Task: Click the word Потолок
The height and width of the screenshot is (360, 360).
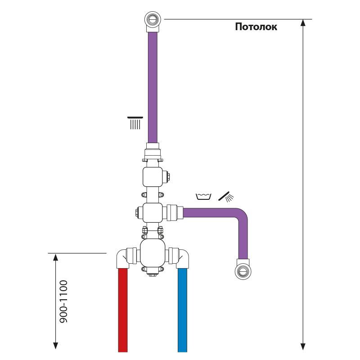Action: click(x=256, y=27)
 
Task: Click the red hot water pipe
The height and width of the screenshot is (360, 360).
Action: click(x=124, y=310)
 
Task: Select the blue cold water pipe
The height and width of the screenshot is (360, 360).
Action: click(x=182, y=310)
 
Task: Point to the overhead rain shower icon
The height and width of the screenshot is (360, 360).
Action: click(x=135, y=123)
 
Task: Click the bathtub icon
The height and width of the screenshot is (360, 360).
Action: click(x=204, y=196)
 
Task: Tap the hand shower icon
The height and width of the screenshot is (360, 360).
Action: click(x=226, y=196)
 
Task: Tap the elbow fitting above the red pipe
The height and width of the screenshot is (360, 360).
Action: click(x=123, y=258)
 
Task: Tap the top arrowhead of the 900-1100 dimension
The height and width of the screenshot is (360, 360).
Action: click(x=55, y=257)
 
